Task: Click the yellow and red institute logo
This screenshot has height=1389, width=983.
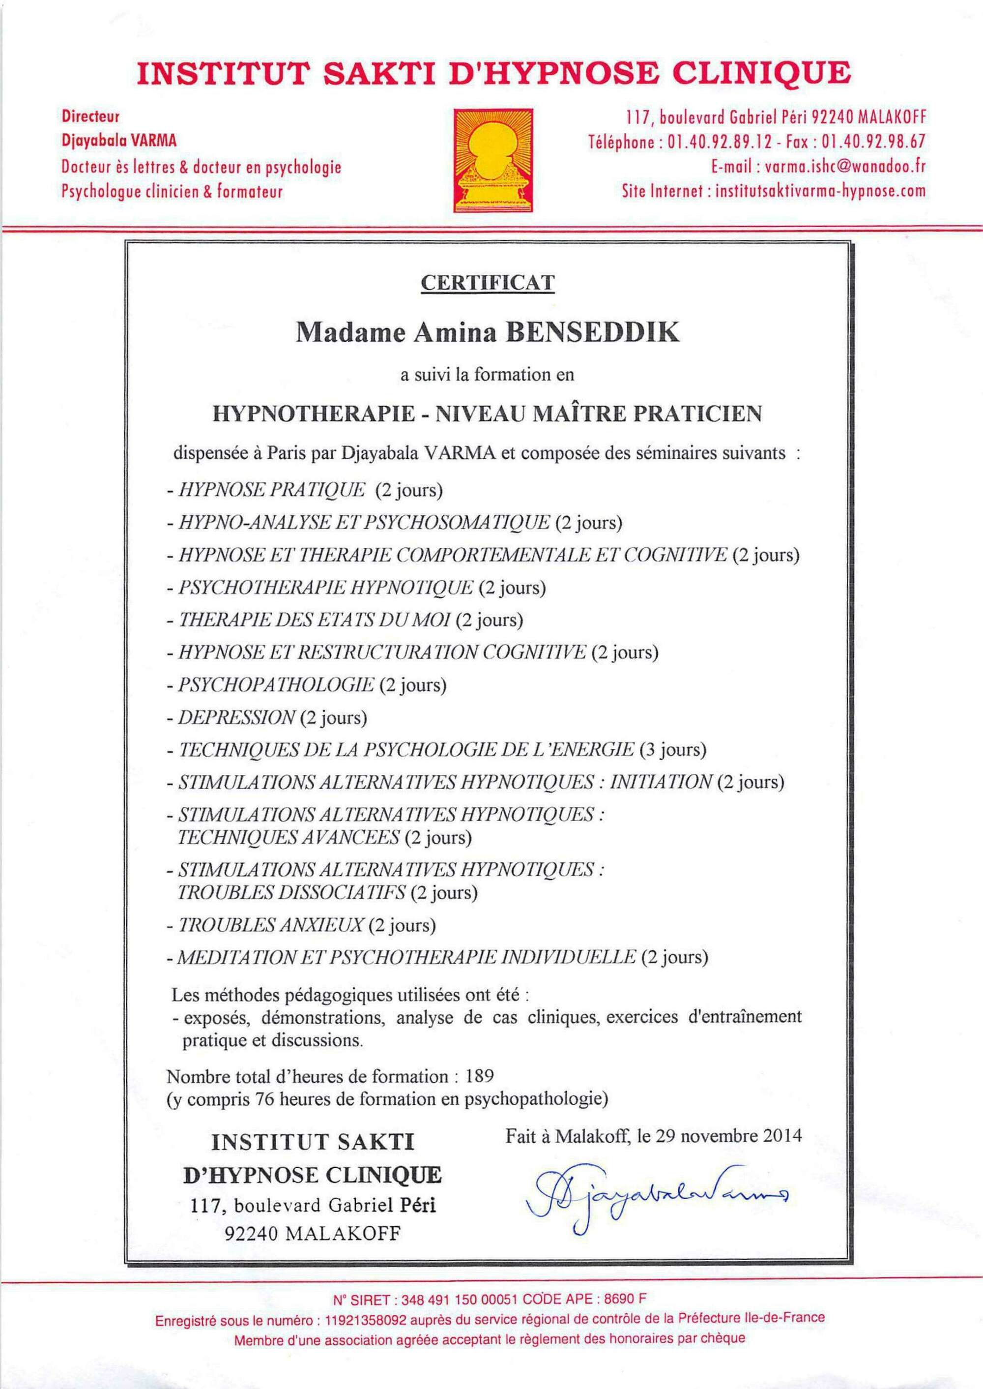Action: point(494,160)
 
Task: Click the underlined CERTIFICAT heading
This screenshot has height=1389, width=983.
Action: point(488,282)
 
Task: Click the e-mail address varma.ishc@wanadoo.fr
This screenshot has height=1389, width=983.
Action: point(845,167)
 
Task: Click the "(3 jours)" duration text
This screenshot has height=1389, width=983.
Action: point(673,750)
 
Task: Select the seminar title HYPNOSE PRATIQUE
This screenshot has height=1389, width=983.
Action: point(271,489)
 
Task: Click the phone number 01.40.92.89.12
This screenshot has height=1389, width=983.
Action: point(719,142)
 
